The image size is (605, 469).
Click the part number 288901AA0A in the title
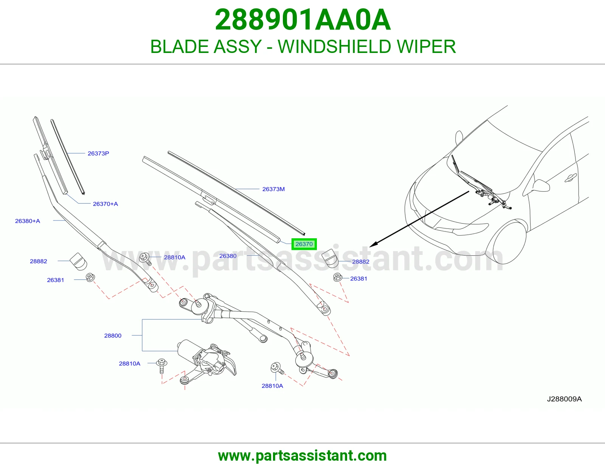pyautogui.click(x=302, y=20)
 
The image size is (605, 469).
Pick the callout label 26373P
pyautogui.click(x=98, y=154)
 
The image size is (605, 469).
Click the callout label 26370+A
pyautogui.click(x=105, y=204)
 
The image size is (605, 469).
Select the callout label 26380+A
pyautogui.click(x=28, y=221)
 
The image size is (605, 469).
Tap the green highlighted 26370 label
pyautogui.click(x=304, y=244)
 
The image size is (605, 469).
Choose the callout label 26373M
pyautogui.click(x=273, y=189)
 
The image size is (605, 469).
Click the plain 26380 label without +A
pyautogui.click(x=228, y=256)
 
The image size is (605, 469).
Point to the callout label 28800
pyautogui.click(x=113, y=335)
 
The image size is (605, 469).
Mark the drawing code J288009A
pyautogui.click(x=564, y=399)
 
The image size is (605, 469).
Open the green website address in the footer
pyautogui.click(x=302, y=456)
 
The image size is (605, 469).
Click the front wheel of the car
pyautogui.click(x=505, y=242)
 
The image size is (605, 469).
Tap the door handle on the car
pyautogui.click(x=571, y=177)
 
